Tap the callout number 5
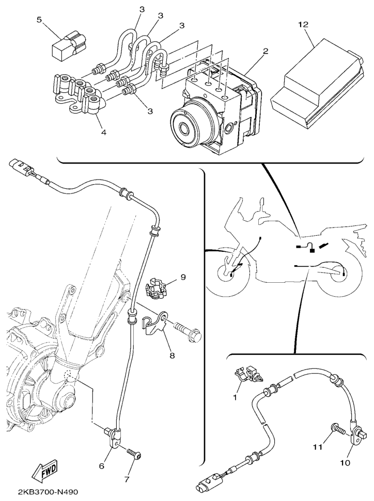pos(39,20)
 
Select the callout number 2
pos(266,51)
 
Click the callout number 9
pos(183,277)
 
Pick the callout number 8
pos(172,355)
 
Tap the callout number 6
pos(101,466)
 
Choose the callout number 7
pos(127,480)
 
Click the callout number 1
pos(235,398)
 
